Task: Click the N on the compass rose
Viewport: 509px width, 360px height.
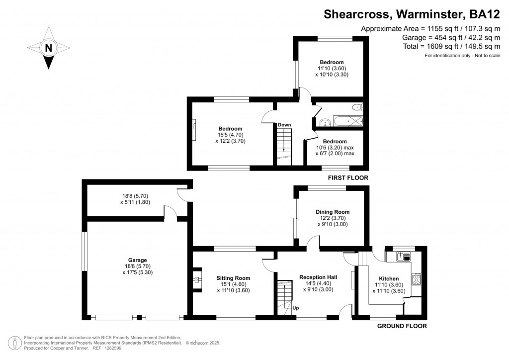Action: [x=48, y=48]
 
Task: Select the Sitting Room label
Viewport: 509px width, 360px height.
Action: [x=233, y=278]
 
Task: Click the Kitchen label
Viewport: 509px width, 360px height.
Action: [x=389, y=278]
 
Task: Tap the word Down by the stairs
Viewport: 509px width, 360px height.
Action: [x=284, y=125]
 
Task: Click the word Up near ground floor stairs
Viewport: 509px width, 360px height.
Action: [x=295, y=307]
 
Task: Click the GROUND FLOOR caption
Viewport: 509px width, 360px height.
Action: [x=402, y=326]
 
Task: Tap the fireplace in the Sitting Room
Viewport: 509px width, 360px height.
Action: [x=197, y=280]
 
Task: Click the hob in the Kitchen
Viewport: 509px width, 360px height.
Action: [x=416, y=277]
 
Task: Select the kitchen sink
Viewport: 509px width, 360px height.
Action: [x=402, y=257]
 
